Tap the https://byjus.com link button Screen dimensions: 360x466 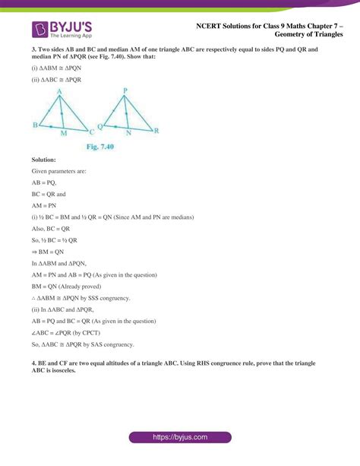coord(179,439)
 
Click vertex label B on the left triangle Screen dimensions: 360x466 coord(35,125)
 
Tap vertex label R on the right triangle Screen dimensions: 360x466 coord(156,131)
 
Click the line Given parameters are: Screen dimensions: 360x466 coord(59,172)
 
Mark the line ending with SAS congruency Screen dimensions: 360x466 coord(83,344)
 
